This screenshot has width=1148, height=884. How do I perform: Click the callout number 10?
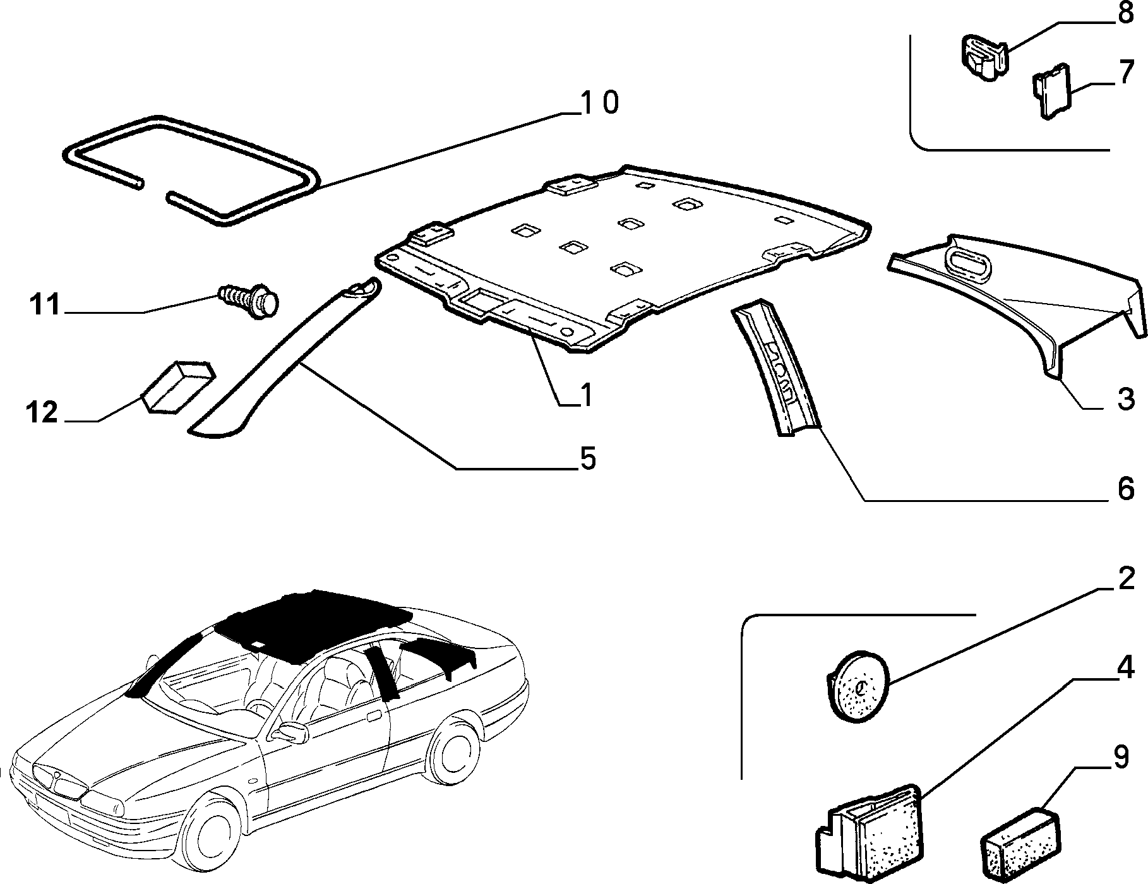[599, 103]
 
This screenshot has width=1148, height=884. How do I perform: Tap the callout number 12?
[42, 413]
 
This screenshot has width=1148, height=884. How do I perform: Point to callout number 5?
[587, 459]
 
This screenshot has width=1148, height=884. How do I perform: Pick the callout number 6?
[1126, 489]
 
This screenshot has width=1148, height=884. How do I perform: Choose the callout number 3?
[1126, 400]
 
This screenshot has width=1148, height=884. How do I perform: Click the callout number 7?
[1126, 74]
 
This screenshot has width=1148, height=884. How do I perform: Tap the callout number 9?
[1120, 758]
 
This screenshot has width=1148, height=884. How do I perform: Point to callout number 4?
[1126, 667]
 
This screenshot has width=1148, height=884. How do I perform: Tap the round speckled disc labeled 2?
[858, 686]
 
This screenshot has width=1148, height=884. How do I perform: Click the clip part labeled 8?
[983, 57]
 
